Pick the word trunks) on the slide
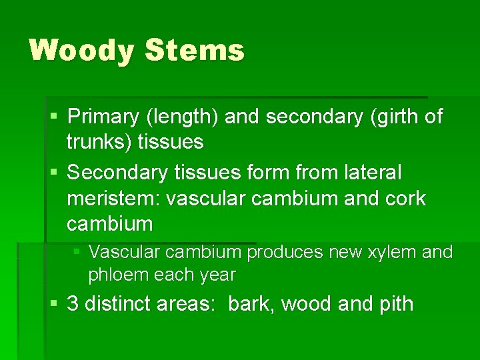coord(100,141)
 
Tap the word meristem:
coord(113,198)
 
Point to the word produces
coord(284,252)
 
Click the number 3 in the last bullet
coord(73,304)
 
